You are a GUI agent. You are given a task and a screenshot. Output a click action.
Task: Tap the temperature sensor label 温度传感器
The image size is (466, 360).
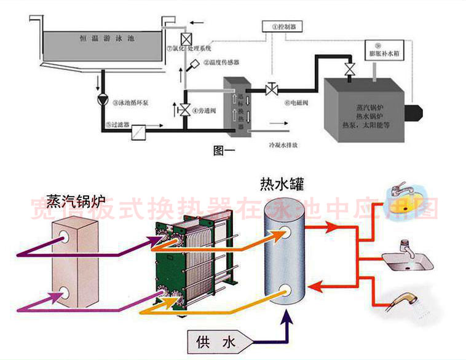(x=219, y=63)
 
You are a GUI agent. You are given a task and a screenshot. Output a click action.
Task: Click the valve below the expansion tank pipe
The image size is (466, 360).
(x=349, y=68)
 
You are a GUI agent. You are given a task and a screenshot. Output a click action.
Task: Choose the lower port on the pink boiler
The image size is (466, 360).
(x=63, y=294)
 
